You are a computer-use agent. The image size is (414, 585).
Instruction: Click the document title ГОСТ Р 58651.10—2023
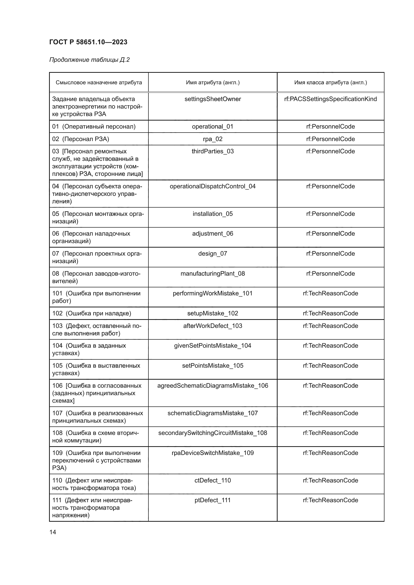coord(88,42)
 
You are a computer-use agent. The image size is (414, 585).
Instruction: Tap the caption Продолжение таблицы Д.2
coord(89,60)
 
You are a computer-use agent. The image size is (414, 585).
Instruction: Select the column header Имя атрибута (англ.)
coord(213,83)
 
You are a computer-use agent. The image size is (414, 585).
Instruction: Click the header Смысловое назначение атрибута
coord(99,83)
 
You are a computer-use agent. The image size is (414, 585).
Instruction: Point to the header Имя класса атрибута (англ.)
coord(330,83)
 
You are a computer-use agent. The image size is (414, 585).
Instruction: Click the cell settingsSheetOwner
coord(213,99)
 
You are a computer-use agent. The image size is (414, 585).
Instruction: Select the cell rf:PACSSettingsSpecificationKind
coord(330,99)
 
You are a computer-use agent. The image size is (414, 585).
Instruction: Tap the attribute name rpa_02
coord(213,139)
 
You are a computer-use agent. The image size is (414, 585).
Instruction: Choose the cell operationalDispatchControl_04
coord(213,187)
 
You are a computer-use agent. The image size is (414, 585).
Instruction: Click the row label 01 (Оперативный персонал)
coord(94,127)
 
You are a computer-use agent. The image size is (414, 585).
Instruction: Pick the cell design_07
coord(213,254)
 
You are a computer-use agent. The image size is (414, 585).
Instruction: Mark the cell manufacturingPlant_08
coord(213,274)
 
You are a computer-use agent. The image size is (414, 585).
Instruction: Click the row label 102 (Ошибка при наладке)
coord(92,313)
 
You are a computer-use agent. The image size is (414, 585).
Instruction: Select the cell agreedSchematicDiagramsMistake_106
coord(213,386)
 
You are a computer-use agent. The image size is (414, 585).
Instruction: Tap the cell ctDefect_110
coord(213,480)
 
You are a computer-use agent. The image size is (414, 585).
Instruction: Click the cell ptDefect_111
coord(213,500)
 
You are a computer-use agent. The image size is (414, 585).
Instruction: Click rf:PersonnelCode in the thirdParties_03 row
coord(330,151)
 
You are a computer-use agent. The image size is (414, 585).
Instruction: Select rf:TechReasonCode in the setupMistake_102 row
coord(330,313)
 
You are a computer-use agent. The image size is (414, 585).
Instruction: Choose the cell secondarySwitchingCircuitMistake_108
coord(213,433)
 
